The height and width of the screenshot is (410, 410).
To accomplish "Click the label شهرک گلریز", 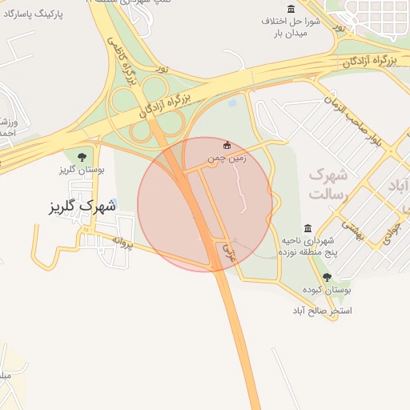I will tap(82, 206).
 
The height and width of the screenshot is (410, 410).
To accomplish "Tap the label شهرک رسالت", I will tap(327, 183).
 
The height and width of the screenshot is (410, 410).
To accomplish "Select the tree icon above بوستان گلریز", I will tap(82, 156).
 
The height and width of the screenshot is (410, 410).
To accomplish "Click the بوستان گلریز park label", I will tap(78, 171).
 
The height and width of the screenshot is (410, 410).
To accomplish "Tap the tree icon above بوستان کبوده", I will tap(326, 276).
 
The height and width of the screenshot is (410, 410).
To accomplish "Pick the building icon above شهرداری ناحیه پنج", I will tap(308, 228).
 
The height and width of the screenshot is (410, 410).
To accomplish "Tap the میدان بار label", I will tap(292, 34).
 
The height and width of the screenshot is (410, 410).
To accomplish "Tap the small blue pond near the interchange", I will tap(232, 103).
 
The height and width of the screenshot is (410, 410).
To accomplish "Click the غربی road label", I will tap(230, 252).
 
